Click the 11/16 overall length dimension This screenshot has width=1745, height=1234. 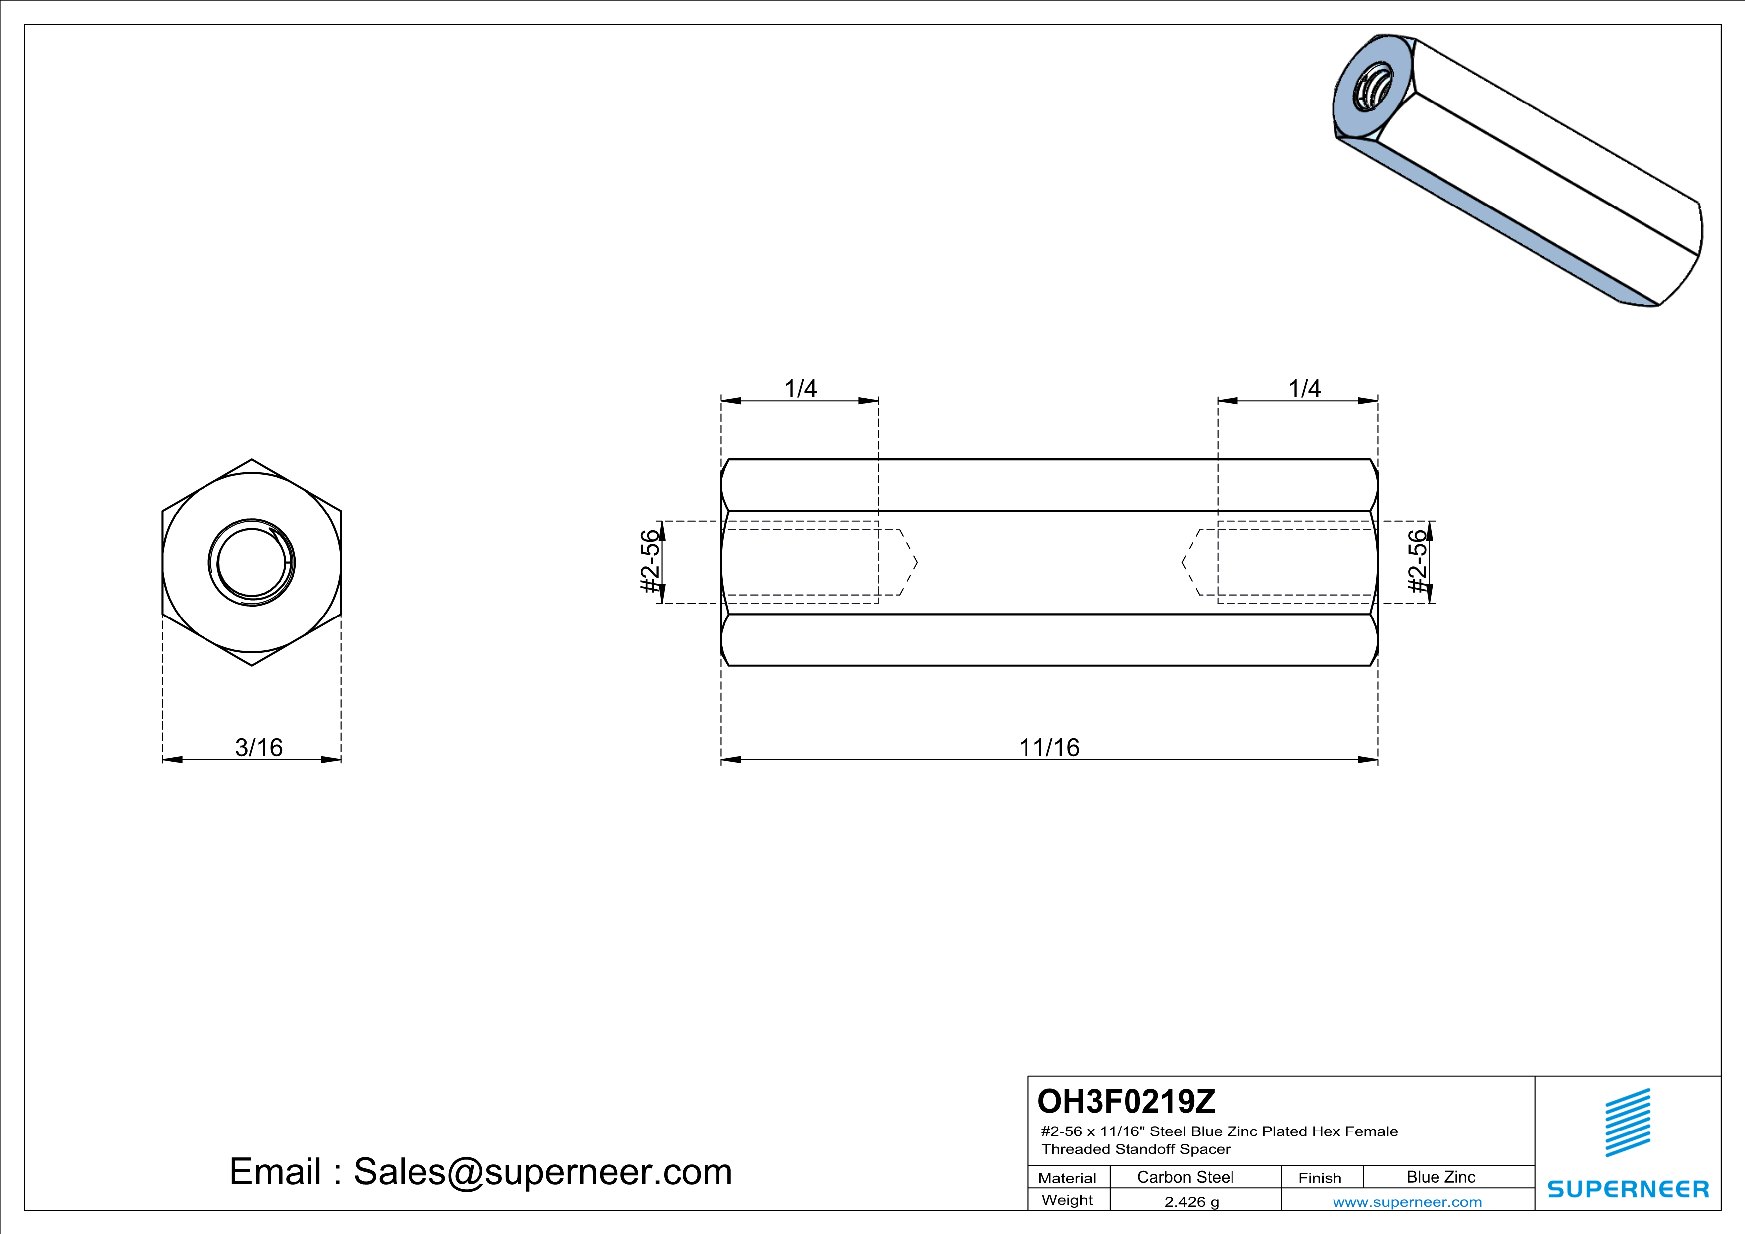pos(1049,748)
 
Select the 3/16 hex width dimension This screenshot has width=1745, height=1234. pos(258,748)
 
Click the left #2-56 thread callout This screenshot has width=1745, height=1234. pos(650,562)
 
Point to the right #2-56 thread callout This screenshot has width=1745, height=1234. pos(1418,562)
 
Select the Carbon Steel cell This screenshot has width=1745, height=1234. pos(1185,1177)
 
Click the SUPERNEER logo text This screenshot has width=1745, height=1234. pos(1628,1189)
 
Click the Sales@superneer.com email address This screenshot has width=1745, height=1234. pos(543,1172)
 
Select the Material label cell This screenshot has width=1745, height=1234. pos(1067,1178)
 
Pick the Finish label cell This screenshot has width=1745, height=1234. pos(1320,1178)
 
